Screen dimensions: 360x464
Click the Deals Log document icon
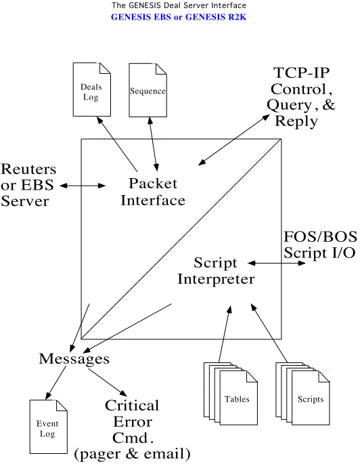point(92,89)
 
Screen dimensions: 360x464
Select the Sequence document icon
point(148,90)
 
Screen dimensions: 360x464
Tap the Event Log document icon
point(49,427)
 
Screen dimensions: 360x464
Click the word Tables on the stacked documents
point(237,399)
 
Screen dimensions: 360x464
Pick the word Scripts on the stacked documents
point(311,399)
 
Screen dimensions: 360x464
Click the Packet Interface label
point(153,192)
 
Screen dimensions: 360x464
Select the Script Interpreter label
point(216,271)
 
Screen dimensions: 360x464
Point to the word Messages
point(74,358)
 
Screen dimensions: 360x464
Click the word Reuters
point(28,169)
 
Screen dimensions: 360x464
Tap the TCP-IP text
point(302,72)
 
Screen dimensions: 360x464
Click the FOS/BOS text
point(320,236)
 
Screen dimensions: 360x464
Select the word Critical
point(132,406)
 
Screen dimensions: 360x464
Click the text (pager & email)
point(132,454)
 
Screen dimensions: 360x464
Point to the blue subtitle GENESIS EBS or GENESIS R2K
point(179,17)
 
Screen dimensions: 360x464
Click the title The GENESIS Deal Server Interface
point(179,5)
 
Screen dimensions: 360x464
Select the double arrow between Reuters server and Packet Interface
point(83,186)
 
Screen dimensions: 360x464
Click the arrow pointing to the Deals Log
point(117,144)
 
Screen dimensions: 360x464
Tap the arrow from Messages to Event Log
point(55,383)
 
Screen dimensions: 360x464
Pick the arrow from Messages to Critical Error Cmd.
point(108,382)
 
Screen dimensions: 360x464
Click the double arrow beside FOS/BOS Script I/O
point(277,263)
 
